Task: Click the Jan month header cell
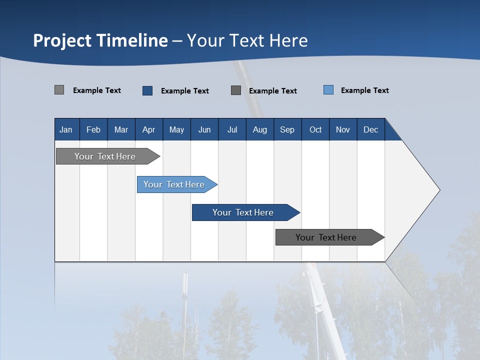(66, 129)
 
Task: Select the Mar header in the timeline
(121, 129)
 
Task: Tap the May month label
(176, 129)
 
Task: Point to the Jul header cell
(232, 129)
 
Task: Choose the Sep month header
(287, 129)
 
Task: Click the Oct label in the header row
(315, 129)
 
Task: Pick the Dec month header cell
(370, 129)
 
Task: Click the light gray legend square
(59, 90)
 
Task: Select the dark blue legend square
(147, 90)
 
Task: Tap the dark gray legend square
(236, 90)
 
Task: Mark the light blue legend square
(328, 90)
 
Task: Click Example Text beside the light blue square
(364, 90)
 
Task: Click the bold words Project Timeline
(100, 40)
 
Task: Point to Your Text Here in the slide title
(247, 40)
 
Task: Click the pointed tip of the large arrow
(438, 190)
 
